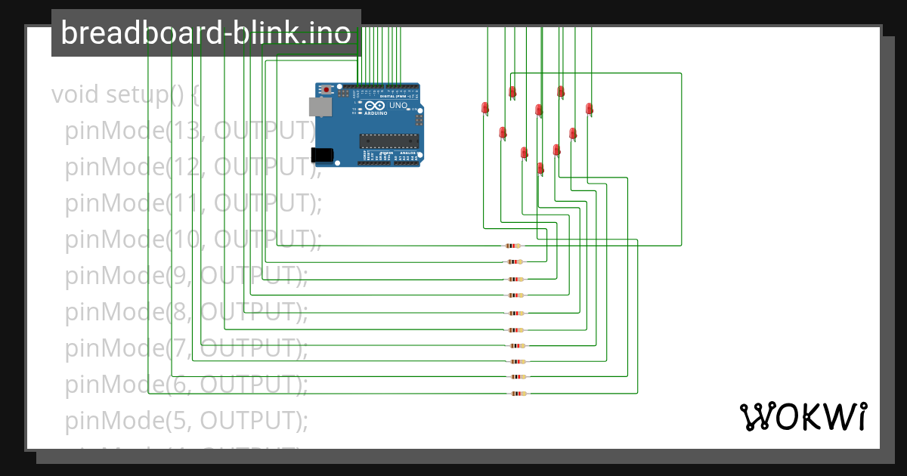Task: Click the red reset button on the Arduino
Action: [326, 90]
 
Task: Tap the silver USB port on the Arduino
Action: [320, 107]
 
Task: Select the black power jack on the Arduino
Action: [321, 155]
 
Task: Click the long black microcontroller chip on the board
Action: [388, 140]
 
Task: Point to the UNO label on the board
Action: [398, 106]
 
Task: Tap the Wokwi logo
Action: [803, 416]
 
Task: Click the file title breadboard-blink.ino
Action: [206, 33]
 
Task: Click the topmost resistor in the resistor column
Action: [513, 246]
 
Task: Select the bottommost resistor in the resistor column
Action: [517, 394]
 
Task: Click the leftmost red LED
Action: [485, 108]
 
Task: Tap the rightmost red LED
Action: [589, 109]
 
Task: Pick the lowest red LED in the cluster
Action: [540, 168]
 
